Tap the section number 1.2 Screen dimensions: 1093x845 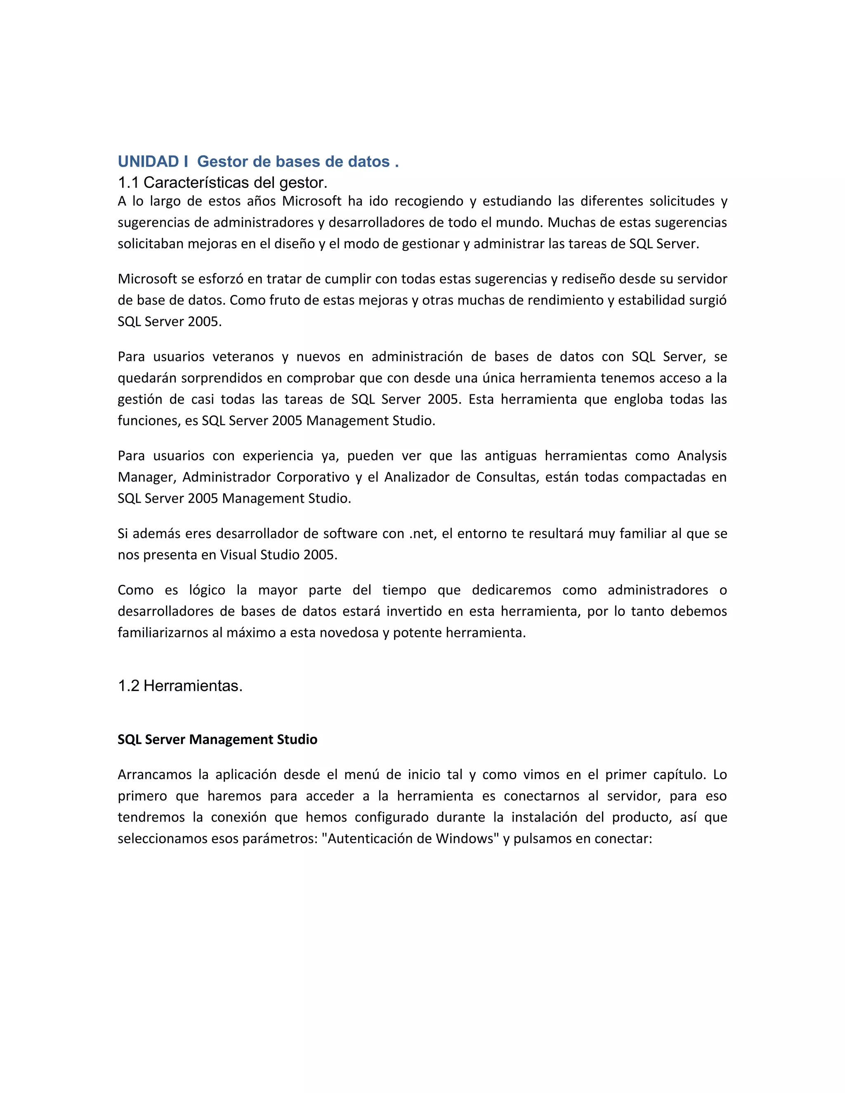pos(129,685)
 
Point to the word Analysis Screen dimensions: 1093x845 pos(702,456)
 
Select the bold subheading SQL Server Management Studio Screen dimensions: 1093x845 pos(217,740)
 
